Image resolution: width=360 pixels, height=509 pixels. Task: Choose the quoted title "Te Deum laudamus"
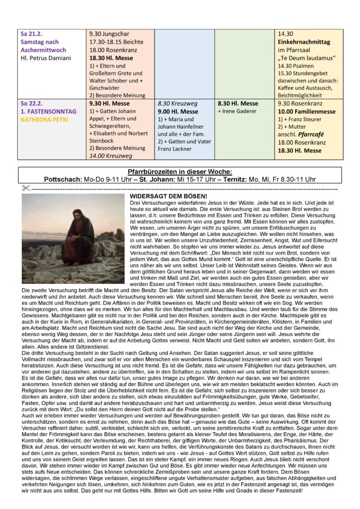pos(305,59)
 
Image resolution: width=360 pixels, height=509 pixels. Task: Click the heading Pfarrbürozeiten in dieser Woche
pos(180,171)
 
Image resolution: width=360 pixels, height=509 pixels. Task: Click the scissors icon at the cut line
pos(26,188)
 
